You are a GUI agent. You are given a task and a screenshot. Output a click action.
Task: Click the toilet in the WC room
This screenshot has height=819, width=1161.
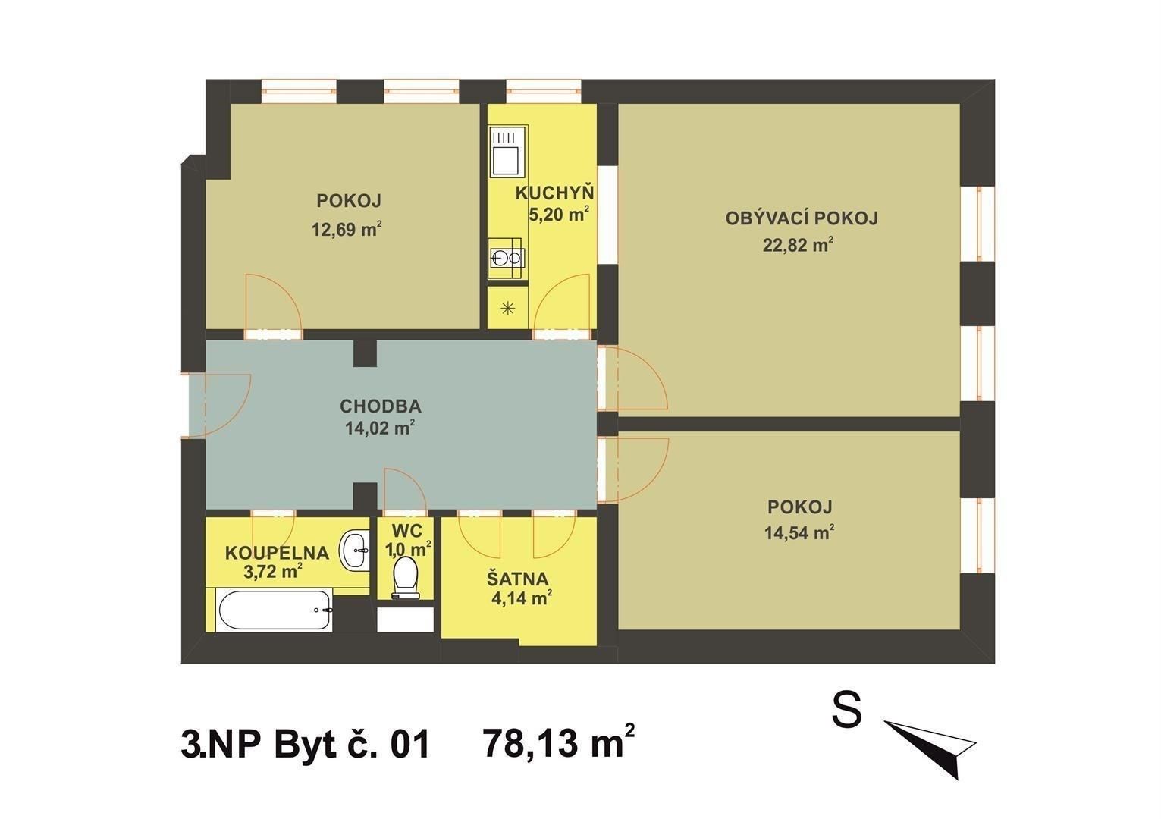(403, 577)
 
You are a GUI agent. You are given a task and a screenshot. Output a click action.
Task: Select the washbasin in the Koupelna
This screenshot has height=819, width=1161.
(354, 548)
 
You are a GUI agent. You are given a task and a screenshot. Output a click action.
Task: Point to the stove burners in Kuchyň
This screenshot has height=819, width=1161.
(505, 258)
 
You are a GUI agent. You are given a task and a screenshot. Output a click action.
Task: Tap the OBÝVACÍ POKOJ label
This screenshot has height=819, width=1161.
(802, 219)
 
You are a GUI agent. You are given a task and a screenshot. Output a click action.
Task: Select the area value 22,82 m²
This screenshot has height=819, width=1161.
(799, 245)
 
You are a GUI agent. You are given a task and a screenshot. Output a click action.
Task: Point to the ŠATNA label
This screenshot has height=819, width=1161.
(518, 579)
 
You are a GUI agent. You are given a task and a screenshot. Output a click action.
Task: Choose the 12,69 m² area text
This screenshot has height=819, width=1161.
(347, 227)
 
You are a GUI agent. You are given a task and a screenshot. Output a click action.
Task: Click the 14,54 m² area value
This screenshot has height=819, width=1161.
(799, 532)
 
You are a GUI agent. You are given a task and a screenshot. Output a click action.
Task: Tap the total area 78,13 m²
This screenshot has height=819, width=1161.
(558, 743)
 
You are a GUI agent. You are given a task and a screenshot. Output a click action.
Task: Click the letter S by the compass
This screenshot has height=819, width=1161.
(846, 711)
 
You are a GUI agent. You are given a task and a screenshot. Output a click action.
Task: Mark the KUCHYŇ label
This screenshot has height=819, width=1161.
(554, 193)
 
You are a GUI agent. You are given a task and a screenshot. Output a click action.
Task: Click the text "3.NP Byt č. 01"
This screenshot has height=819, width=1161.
(306, 744)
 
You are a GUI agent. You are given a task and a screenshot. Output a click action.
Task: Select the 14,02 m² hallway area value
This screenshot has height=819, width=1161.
(379, 428)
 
